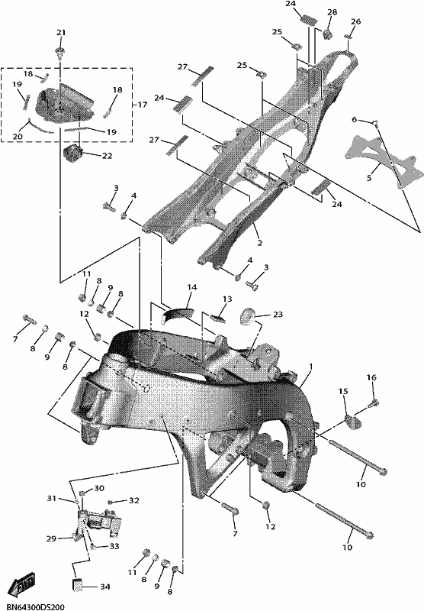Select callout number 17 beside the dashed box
[x=143, y=105]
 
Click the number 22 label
[x=107, y=156]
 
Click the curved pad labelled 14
[x=178, y=312]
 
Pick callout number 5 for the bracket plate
[x=369, y=178]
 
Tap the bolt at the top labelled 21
[x=60, y=52]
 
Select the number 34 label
[x=105, y=587]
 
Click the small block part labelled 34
[x=78, y=585]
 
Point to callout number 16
[x=371, y=377]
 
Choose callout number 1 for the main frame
[x=311, y=367]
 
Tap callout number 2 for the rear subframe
[x=259, y=243]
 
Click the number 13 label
[x=227, y=299]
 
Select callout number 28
[x=332, y=12]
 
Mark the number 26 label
[x=355, y=21]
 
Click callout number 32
[x=133, y=500]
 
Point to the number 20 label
[x=18, y=137]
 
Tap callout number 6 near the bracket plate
[x=354, y=119]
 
